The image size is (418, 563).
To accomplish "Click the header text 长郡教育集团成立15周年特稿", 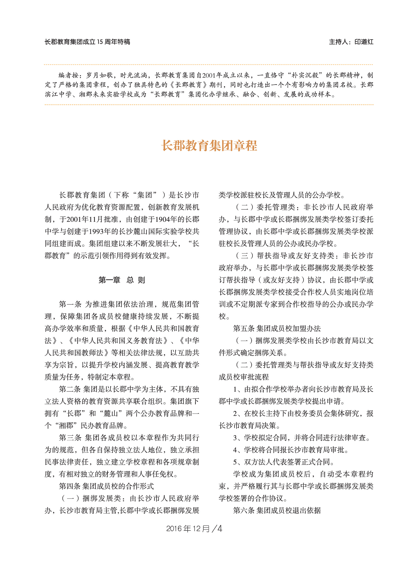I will coord(87,42).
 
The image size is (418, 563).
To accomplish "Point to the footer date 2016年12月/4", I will coord(194,529).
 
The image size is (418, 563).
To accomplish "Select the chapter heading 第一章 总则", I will coord(122,280).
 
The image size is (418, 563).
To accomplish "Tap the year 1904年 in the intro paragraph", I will coord(169,219).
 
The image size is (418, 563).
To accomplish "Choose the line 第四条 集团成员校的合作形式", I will coord(106,486).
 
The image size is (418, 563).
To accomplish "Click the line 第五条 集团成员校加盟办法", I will coord(277,329).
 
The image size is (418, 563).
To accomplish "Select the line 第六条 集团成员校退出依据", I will coord(277,510).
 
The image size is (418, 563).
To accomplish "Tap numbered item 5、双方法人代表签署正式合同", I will coord(283,462).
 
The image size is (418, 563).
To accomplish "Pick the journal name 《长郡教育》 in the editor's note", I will coord(188,85).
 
